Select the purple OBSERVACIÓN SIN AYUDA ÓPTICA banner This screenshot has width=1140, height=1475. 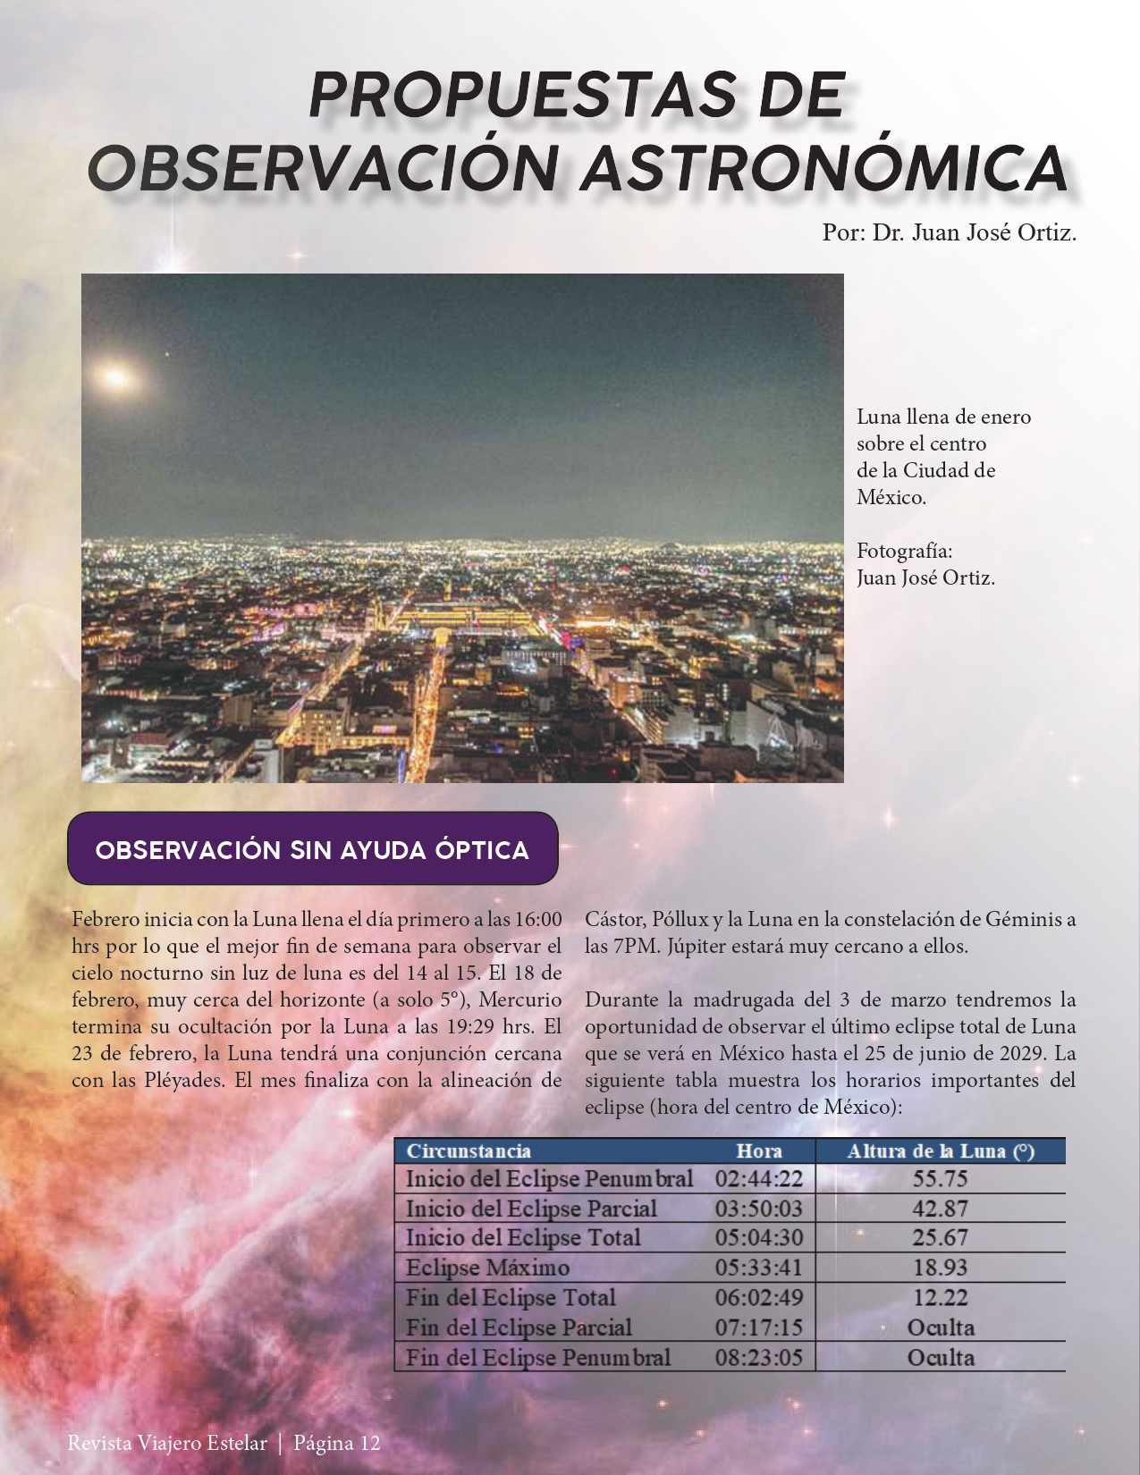312,848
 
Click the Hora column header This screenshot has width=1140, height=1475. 758,1151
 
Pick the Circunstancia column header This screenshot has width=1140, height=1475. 469,1151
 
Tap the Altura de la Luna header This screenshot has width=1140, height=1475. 940,1151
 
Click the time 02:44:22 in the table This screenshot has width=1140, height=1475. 758,1179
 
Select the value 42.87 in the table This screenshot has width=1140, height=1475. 940,1209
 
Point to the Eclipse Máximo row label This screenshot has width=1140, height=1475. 487,1268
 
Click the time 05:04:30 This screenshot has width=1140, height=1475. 758,1238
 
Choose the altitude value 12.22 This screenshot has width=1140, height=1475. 940,1297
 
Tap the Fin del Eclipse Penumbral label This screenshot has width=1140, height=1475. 537,1357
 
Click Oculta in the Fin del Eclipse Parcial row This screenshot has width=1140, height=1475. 940,1327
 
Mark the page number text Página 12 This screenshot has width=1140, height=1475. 337,1443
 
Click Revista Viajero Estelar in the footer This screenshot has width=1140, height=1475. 166,1443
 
